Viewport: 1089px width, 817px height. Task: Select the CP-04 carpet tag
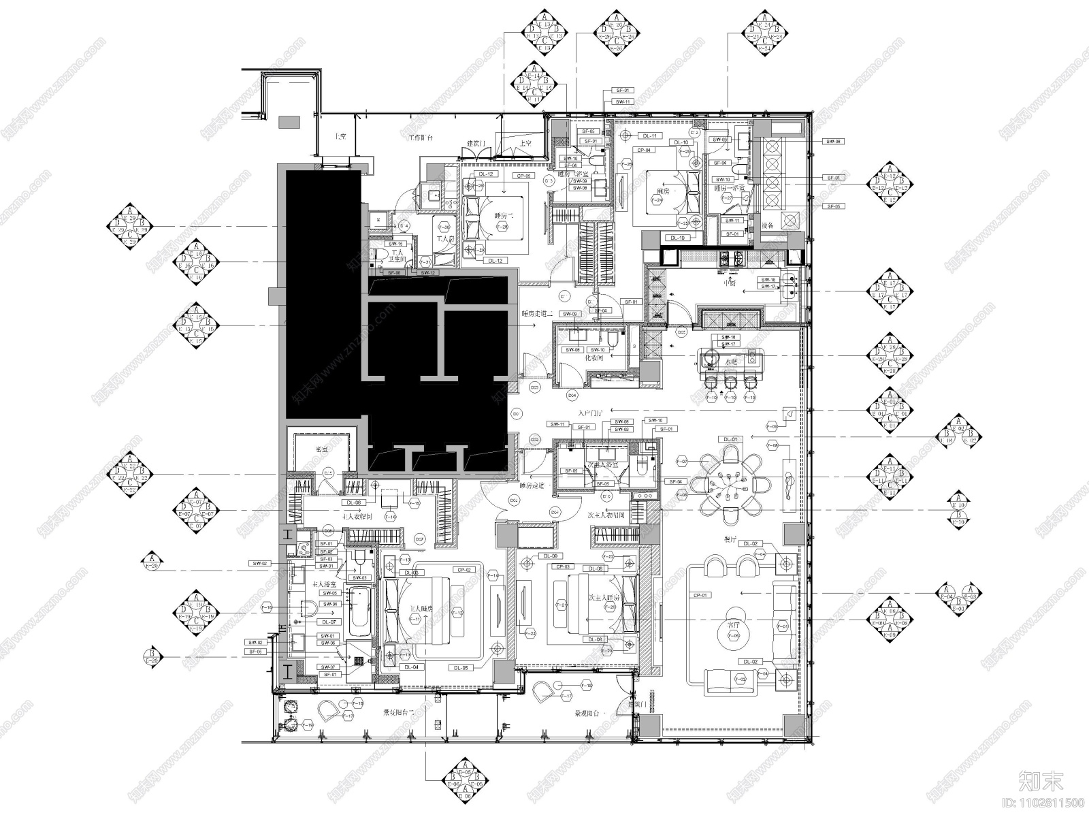643,150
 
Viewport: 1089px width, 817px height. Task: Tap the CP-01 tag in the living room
701,595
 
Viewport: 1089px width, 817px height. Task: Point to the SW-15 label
396,244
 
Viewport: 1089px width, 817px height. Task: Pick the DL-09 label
549,556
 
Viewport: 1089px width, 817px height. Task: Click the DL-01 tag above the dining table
730,439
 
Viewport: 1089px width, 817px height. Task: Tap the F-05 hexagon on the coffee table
733,637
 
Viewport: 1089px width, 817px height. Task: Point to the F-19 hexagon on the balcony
308,726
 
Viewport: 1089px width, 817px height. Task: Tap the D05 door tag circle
681,332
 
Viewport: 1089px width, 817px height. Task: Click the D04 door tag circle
572,395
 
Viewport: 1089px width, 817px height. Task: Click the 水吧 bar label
731,362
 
